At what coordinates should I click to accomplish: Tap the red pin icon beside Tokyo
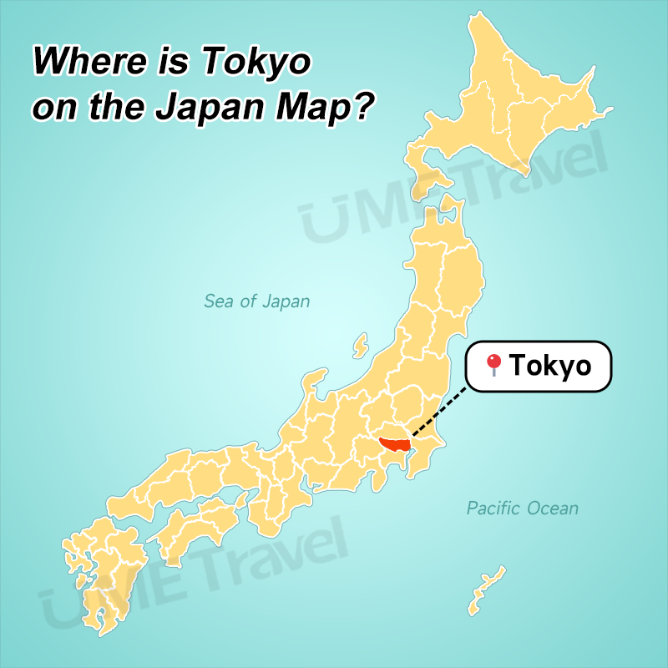coord(493,364)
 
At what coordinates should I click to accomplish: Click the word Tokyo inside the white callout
coord(550,366)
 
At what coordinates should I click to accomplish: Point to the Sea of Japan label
coord(256,301)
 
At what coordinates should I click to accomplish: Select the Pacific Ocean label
coord(522,508)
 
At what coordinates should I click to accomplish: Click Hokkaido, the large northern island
coord(509,100)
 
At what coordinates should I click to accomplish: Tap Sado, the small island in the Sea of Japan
coord(360,344)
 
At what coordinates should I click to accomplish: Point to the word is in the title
coord(164,61)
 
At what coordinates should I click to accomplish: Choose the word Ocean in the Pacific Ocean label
coord(552,508)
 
